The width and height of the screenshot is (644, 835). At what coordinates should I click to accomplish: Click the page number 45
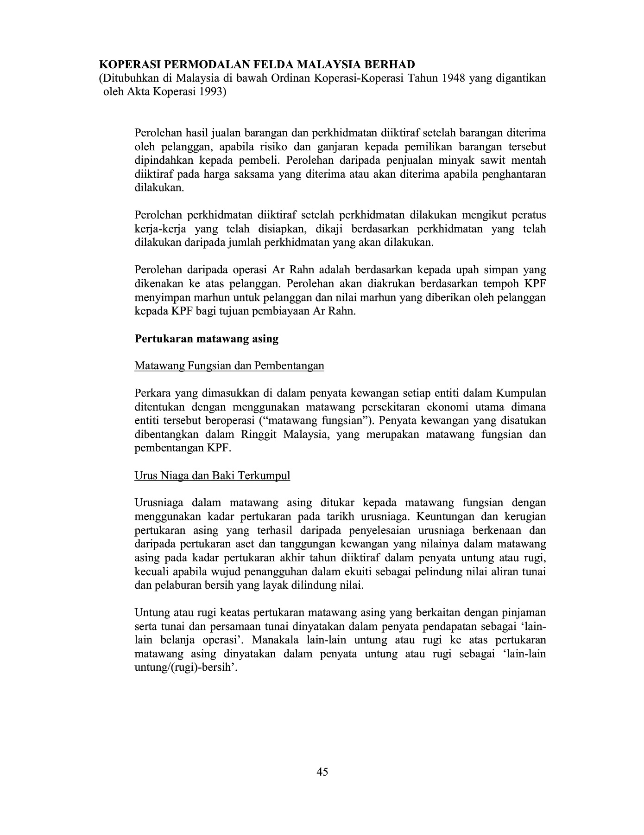[x=322, y=772]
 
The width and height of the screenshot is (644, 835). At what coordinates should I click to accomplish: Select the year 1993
[x=211, y=92]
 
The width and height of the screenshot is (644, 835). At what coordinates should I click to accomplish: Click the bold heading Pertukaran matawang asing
[x=206, y=339]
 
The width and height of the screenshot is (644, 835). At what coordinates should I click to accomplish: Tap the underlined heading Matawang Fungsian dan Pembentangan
[x=229, y=366]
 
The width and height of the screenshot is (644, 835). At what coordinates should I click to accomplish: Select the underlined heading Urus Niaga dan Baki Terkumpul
[x=212, y=476]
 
